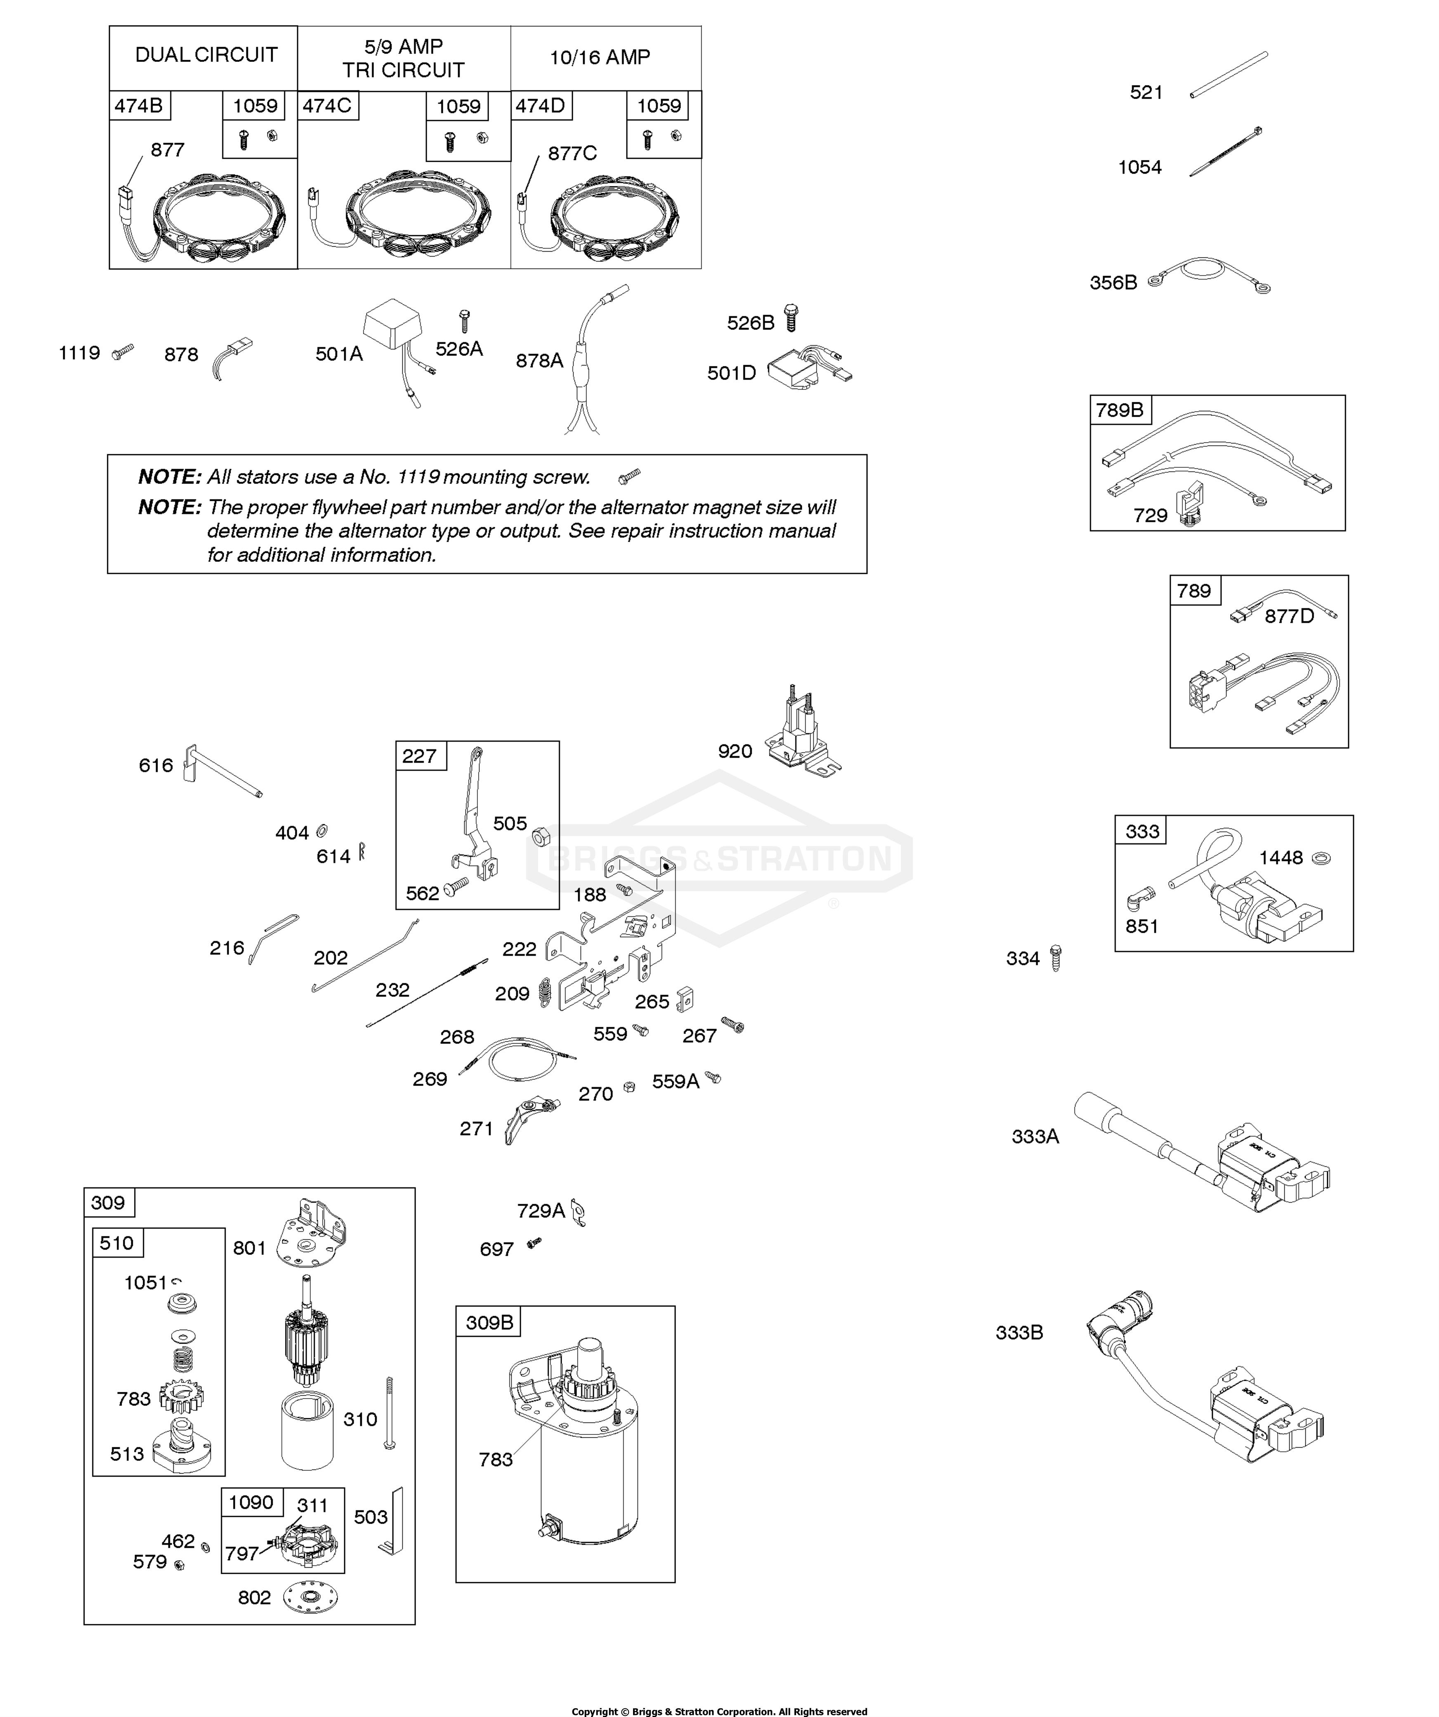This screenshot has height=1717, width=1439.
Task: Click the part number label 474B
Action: point(138,106)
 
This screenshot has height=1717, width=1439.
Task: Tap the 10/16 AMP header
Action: point(600,57)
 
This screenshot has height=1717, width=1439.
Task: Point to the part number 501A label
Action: point(339,354)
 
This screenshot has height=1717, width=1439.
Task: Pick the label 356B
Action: point(1113,283)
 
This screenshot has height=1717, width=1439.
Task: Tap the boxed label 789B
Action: point(1119,410)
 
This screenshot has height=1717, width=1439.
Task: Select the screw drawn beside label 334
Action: point(1055,958)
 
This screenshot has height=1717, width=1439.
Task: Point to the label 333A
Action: point(1035,1136)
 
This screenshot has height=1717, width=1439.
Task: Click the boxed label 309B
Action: point(489,1322)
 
